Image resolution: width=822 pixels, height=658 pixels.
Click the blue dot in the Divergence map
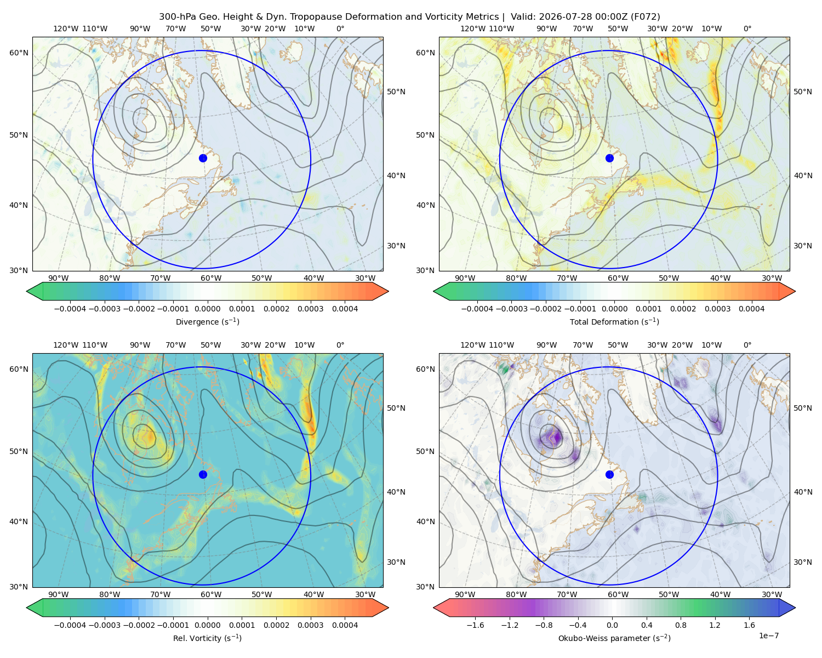[x=203, y=158]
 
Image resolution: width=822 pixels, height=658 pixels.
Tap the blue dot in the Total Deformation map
[x=609, y=158]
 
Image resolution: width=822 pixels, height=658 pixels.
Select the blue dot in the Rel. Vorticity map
[x=203, y=474]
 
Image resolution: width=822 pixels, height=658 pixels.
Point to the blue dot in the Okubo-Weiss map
[x=609, y=474]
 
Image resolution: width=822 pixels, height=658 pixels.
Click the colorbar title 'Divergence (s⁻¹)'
[x=207, y=321]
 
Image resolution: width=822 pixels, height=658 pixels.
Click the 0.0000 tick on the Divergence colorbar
[x=207, y=309]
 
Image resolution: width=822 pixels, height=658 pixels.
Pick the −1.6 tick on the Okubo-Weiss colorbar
[x=475, y=625]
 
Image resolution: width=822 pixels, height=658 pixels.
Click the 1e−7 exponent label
[x=768, y=636]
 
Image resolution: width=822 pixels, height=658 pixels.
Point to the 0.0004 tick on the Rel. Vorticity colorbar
[x=345, y=625]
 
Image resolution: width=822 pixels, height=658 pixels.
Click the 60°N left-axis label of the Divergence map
[x=19, y=53]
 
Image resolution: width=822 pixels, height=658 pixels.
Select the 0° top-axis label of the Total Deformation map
[x=747, y=29]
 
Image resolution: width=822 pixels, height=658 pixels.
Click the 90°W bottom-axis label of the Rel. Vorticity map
[x=59, y=594]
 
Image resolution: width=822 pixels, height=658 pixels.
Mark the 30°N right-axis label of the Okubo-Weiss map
[x=802, y=561]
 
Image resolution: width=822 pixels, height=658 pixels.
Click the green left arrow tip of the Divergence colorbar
[x=27, y=291]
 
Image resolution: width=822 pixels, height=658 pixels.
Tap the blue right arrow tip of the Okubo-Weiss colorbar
[x=795, y=608]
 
